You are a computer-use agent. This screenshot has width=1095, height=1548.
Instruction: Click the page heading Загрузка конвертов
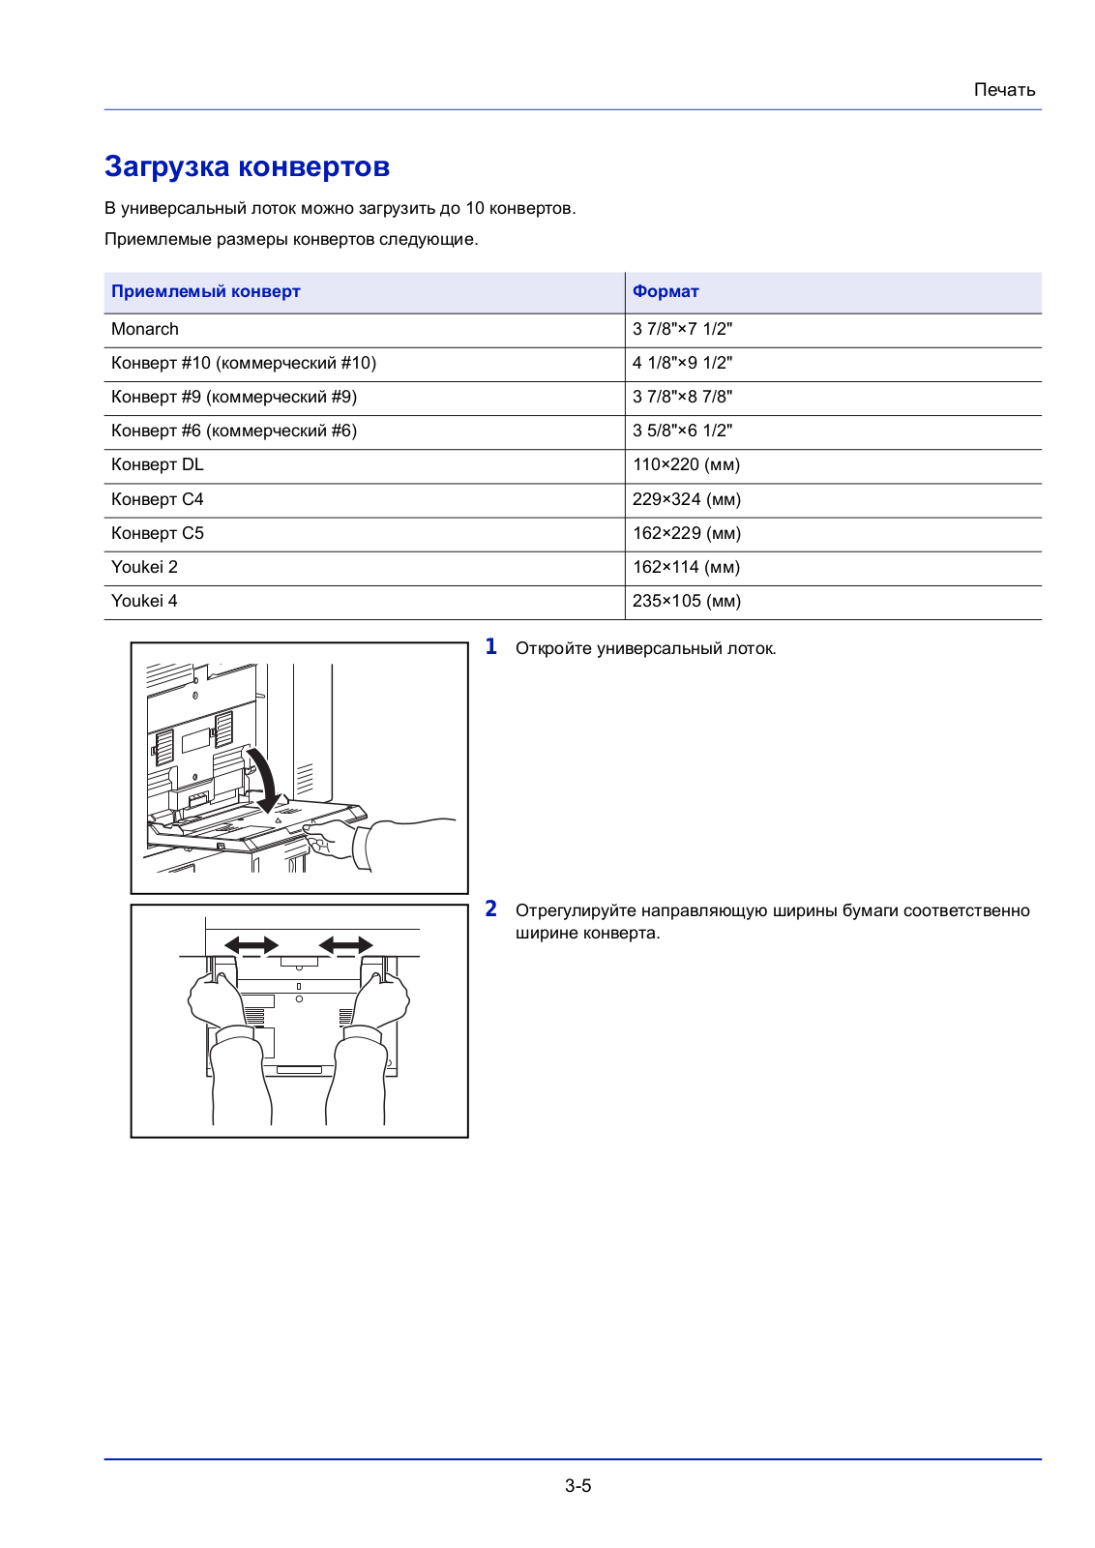coord(247,166)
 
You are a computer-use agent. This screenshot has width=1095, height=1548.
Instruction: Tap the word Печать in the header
coord(1004,90)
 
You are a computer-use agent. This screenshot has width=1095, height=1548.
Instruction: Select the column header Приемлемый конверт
coord(206,291)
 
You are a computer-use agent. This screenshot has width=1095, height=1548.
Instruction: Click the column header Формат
coord(666,291)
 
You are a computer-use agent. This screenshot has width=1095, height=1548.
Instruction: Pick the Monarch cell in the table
coord(145,329)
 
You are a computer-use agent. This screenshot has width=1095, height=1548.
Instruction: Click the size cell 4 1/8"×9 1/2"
coord(682,363)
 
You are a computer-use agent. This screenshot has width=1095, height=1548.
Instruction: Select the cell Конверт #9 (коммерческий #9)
coord(234,397)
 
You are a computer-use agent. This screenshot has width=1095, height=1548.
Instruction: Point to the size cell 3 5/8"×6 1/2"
coord(682,431)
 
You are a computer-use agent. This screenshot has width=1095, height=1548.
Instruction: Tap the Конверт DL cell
coord(158,464)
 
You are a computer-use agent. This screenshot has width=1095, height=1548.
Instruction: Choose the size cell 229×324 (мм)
coord(687,499)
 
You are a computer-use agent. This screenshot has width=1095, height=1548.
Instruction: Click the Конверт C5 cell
coord(158,533)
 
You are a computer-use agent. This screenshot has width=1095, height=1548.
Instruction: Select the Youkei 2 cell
coord(145,567)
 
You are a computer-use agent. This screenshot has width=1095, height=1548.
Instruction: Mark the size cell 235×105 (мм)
coord(687,601)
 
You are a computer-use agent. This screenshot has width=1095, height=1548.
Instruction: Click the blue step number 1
coord(491,647)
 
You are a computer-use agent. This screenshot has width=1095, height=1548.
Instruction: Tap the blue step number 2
coord(491,909)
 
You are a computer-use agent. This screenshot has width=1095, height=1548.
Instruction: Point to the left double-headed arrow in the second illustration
coord(252,945)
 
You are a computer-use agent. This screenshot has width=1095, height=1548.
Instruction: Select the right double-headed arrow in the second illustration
coord(345,945)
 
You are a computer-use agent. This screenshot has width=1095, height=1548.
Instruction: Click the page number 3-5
coord(577,1486)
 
